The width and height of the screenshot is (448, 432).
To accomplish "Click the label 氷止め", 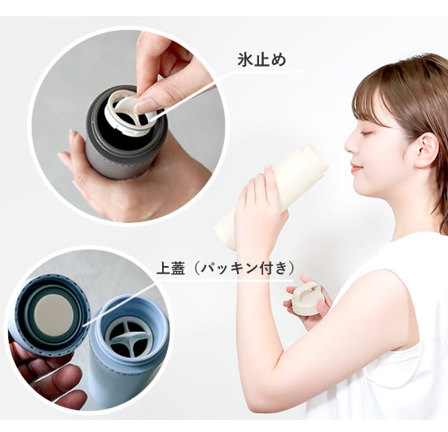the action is point(261,60).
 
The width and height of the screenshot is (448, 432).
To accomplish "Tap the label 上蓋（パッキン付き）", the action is point(225,268).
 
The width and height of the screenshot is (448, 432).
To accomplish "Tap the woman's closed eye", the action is point(367,129).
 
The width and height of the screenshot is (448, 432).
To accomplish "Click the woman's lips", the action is point(354,168).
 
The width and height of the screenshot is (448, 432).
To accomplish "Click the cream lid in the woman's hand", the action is point(306,299).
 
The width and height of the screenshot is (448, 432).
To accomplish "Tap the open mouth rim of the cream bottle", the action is point(314,159).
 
